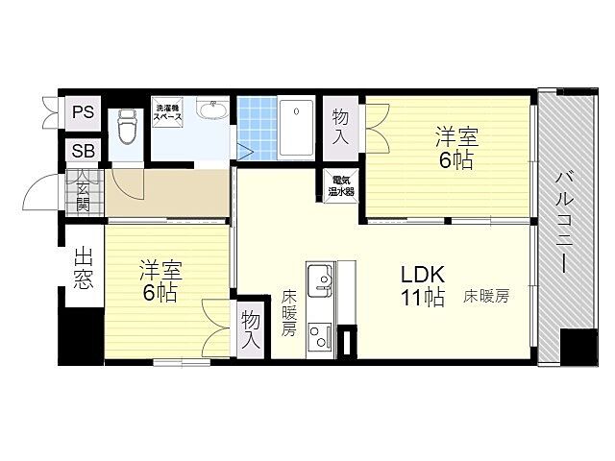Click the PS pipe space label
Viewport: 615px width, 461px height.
click(x=84, y=112)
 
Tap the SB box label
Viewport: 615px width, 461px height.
click(x=84, y=151)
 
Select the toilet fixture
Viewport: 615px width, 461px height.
click(x=126, y=126)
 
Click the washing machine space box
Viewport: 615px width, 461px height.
click(x=167, y=112)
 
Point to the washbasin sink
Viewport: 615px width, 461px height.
click(x=212, y=109)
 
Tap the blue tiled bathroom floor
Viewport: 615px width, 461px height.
click(x=258, y=129)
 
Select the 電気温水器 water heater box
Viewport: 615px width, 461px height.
click(x=341, y=185)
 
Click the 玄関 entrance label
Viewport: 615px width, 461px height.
click(x=83, y=193)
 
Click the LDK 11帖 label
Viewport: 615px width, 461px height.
click(x=423, y=285)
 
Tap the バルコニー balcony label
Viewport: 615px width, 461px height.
click(x=564, y=221)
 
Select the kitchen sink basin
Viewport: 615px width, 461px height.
click(x=320, y=280)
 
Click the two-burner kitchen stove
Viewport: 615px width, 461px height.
click(x=320, y=337)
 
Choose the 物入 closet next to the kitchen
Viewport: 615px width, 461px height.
click(x=251, y=329)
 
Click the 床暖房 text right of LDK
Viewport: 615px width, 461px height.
click(x=486, y=296)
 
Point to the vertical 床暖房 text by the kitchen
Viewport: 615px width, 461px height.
click(x=288, y=313)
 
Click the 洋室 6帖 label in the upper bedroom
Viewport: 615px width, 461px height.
click(x=456, y=149)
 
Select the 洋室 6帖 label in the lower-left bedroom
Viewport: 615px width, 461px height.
click(x=160, y=280)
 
